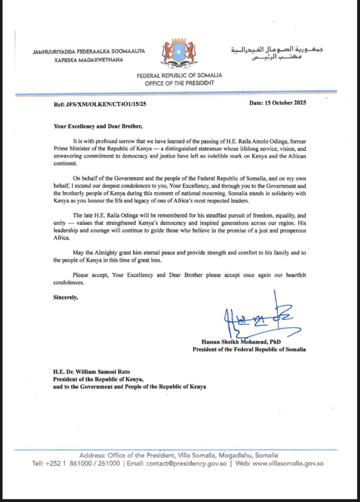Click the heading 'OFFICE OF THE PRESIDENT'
pos(180,83)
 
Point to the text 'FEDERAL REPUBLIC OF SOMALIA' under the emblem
pos(180,75)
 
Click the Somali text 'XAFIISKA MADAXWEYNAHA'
pos(86,60)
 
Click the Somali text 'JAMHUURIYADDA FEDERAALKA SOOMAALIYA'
pos(89,51)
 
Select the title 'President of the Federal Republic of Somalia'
pos(249,349)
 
